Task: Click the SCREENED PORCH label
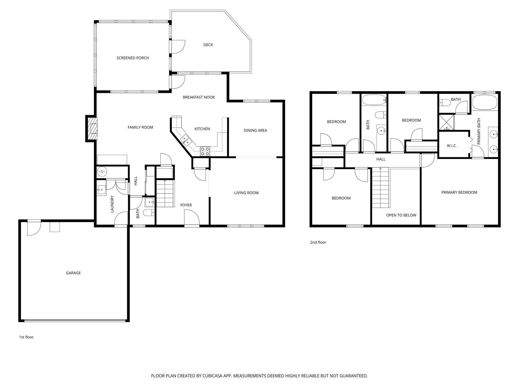[133, 58]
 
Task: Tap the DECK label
[208, 45]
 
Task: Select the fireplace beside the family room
[91, 129]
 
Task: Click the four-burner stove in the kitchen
[205, 151]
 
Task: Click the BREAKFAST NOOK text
[199, 97]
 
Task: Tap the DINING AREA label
[255, 130]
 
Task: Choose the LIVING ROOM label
[246, 193]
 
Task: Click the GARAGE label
[73, 273]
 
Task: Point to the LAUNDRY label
[112, 204]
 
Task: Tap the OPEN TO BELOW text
[401, 215]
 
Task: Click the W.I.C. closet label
[452, 146]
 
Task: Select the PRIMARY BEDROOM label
[459, 192]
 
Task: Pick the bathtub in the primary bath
[484, 103]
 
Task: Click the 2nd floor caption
[318, 242]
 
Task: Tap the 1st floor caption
[26, 337]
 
